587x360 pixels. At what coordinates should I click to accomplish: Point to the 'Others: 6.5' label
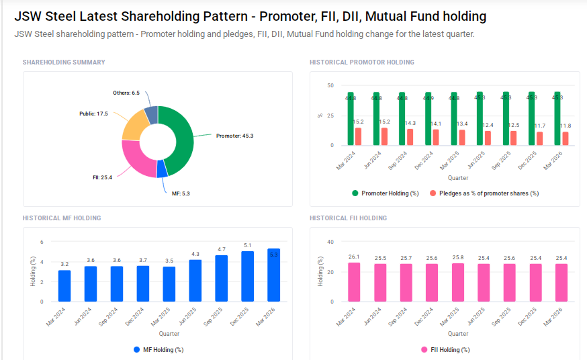(126, 93)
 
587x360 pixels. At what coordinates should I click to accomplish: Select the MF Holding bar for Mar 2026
(273, 275)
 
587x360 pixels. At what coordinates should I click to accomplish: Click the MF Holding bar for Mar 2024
(64, 285)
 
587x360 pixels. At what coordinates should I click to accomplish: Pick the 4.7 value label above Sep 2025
(221, 249)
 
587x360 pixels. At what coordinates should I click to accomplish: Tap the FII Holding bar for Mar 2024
(354, 282)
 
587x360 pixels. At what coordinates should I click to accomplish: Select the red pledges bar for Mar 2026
(566, 138)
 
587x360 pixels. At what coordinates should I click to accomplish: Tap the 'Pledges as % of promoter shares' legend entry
(488, 193)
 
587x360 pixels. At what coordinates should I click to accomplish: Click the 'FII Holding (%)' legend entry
(449, 350)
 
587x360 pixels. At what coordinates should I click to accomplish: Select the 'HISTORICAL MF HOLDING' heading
(62, 218)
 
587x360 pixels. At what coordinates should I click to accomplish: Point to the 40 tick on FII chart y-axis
(330, 242)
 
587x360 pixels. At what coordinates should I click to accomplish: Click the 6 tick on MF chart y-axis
(42, 242)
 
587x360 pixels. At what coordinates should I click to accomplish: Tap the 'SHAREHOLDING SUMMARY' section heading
(64, 62)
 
